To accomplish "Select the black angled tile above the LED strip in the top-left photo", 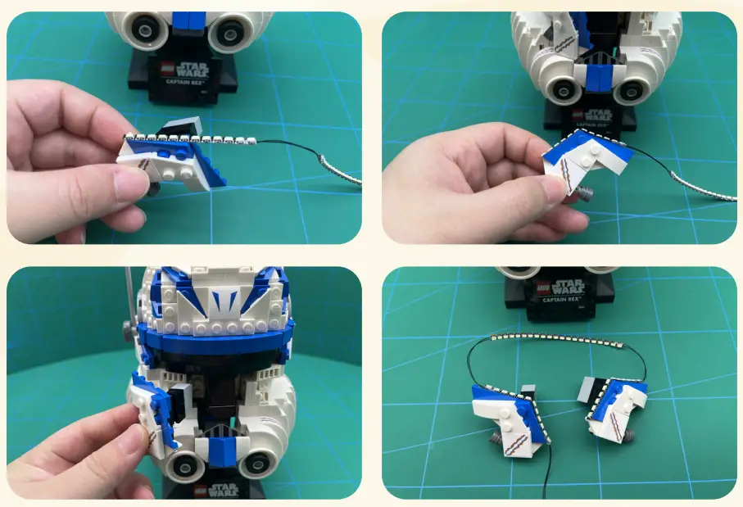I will coord(181,126).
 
